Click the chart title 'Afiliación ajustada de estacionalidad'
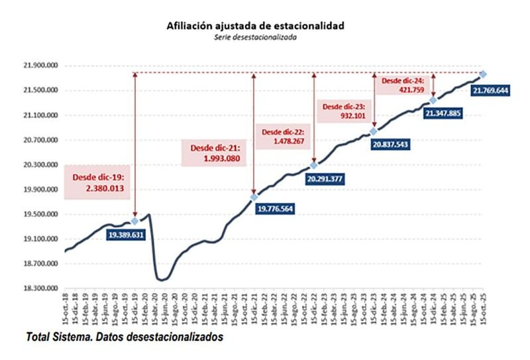[255, 26]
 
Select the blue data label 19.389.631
[125, 235]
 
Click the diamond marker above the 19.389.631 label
[134, 221]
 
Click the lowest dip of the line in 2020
[162, 280]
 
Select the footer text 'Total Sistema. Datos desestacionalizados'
[125, 337]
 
